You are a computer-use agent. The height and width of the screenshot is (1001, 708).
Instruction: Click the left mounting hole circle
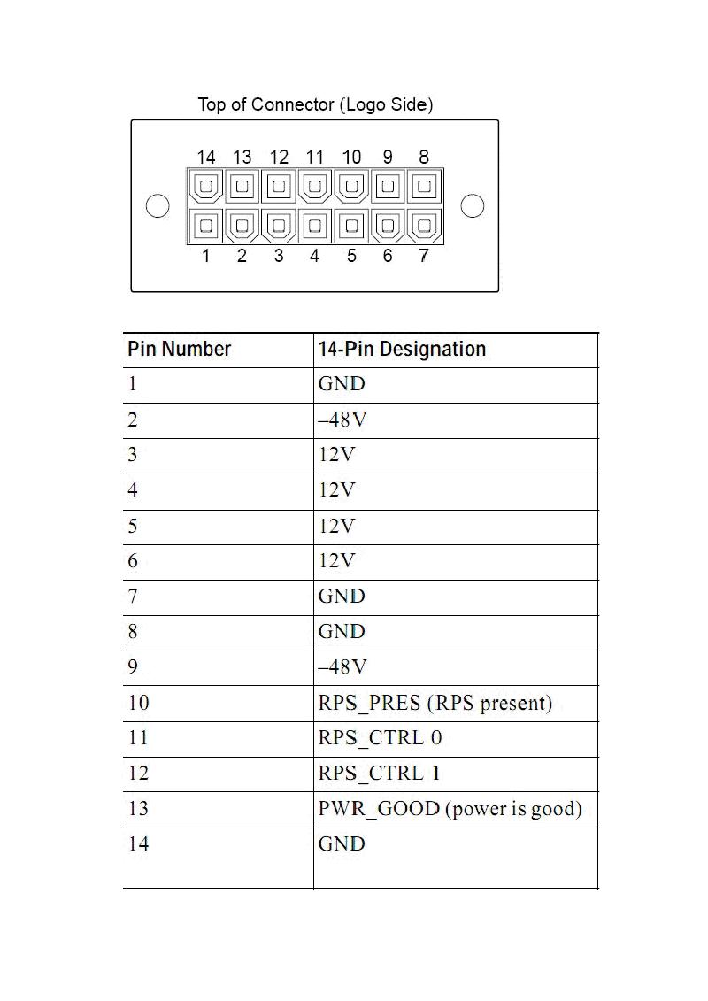(158, 206)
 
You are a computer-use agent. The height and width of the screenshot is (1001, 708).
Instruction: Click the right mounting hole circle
(473, 206)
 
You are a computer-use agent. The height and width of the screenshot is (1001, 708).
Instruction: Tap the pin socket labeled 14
(206, 188)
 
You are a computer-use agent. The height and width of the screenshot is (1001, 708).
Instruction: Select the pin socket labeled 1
(206, 226)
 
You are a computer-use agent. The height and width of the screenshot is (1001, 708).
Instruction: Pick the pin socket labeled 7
(425, 226)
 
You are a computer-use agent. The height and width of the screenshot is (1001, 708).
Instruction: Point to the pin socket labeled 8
(425, 188)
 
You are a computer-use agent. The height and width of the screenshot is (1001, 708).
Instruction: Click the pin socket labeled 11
(315, 188)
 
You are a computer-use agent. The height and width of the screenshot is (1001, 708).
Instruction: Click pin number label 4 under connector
(315, 257)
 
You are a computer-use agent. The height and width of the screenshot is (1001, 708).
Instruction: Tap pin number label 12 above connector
(279, 158)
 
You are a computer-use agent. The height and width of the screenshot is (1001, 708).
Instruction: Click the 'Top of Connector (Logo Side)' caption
(315, 105)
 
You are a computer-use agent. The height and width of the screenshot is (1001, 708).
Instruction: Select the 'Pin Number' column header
(179, 349)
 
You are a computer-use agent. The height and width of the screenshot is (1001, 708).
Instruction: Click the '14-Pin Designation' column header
(402, 349)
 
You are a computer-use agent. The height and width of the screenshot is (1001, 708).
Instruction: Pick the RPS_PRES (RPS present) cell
(435, 703)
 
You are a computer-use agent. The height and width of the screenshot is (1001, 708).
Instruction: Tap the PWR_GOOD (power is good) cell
(450, 809)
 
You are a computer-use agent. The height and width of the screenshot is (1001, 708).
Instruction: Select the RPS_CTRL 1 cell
(380, 774)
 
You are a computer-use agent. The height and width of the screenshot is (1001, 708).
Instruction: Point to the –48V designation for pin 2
(342, 420)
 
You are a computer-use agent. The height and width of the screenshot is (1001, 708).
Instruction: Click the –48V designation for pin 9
(342, 667)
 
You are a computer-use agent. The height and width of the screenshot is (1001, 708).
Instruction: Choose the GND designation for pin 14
(342, 844)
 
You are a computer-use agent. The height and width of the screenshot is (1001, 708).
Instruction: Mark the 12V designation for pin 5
(336, 526)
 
